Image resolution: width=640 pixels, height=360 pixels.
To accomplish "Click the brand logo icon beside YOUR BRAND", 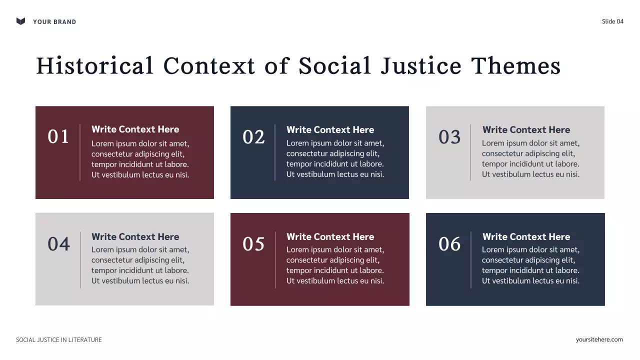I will [x=20, y=21].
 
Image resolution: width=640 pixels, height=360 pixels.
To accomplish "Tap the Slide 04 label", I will [x=612, y=21].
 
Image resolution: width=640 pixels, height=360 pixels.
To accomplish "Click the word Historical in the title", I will [x=94, y=66].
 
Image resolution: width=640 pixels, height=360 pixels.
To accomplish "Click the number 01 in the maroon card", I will [x=58, y=137].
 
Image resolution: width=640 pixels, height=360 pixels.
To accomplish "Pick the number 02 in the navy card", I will [x=253, y=137].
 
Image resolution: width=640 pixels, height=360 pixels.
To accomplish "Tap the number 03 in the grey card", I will [x=449, y=137].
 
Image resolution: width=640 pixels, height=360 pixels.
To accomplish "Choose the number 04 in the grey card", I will [x=58, y=244].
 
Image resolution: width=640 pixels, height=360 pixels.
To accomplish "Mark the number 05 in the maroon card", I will [x=253, y=244].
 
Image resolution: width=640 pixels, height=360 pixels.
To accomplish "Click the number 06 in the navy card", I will [x=449, y=244].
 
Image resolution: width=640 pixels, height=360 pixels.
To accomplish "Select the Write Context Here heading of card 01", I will [x=135, y=129].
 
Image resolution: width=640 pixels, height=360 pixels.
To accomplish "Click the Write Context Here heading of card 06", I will [x=526, y=237].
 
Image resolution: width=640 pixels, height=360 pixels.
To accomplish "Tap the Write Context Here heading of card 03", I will [x=526, y=130].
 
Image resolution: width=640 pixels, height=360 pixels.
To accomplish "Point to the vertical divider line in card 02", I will [x=275, y=152].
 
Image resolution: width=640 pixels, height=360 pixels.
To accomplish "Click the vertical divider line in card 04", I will [x=80, y=259].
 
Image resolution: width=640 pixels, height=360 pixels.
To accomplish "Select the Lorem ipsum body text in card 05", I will [x=335, y=265].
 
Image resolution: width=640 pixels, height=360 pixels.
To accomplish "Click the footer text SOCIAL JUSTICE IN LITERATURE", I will [x=59, y=340].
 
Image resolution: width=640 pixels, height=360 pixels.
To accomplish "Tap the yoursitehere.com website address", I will [x=599, y=339].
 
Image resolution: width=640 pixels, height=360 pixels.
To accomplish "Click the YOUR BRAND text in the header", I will [x=54, y=22].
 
